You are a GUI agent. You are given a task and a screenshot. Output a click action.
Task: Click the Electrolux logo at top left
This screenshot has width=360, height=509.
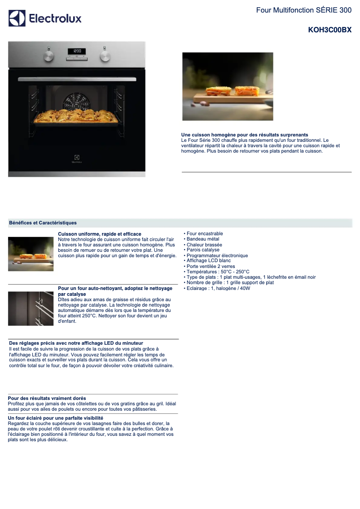click(45, 18)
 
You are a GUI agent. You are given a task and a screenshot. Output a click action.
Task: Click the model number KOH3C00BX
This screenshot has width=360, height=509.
click(329, 30)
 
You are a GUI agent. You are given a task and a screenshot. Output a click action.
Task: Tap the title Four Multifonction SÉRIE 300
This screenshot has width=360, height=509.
click(303, 10)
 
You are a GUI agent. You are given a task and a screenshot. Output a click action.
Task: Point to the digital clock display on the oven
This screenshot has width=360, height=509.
click(77, 51)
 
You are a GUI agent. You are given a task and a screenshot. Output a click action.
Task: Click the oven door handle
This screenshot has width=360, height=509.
click(77, 79)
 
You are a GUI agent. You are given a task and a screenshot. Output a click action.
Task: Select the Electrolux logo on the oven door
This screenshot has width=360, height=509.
click(77, 159)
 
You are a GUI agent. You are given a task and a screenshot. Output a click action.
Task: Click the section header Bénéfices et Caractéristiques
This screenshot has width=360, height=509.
click(43, 223)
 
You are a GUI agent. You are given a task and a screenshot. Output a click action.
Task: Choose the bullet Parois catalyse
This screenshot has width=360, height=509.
click(203, 250)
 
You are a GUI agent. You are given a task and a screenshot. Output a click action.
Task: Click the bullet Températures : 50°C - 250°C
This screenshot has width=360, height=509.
click(218, 272)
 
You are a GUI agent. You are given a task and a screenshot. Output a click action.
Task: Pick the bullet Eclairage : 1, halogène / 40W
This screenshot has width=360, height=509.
click(218, 288)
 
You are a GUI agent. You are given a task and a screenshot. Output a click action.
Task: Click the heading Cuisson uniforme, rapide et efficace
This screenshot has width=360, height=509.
click(100, 234)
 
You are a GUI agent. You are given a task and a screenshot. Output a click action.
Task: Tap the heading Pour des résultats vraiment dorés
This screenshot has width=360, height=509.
click(47, 398)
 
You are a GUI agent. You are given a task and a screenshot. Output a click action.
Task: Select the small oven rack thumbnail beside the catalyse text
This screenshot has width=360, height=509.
click(31, 308)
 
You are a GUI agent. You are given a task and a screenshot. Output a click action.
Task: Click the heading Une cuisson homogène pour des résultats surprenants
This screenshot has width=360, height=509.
click(245, 135)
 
